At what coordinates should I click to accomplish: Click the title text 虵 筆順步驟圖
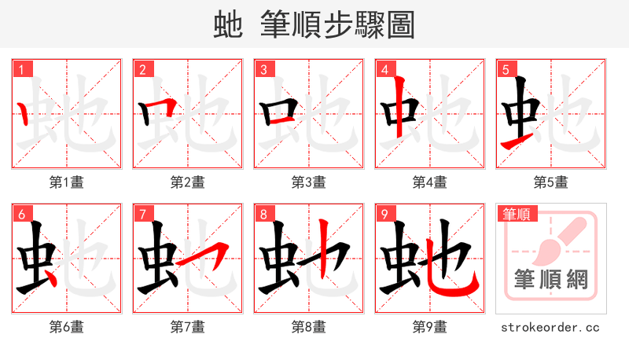314,24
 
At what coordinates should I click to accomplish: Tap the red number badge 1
21,70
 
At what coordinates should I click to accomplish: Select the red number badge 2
142,70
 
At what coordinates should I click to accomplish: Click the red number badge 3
263,70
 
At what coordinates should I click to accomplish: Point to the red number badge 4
384,70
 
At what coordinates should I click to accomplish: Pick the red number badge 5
506,70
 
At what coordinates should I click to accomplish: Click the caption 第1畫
67,182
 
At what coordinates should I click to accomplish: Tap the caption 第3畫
309,182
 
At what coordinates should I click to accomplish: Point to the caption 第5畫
551,182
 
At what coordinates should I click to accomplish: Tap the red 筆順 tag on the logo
517,214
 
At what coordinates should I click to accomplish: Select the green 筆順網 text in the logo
551,279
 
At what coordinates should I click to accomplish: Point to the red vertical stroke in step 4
400,106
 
